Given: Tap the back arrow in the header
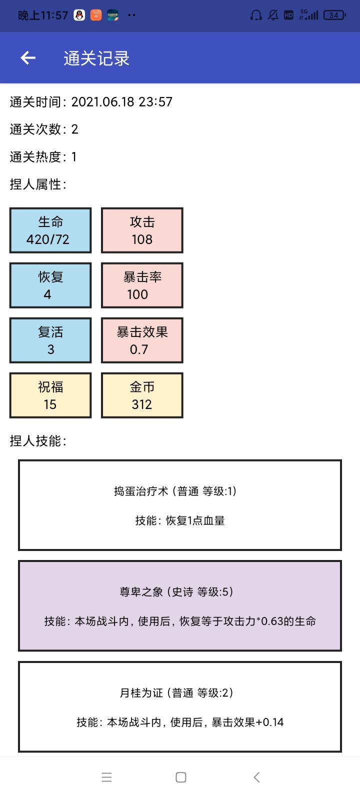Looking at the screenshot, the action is [x=28, y=58].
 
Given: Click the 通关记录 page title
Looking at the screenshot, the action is [x=96, y=58].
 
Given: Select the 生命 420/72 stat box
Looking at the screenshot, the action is [x=50, y=230].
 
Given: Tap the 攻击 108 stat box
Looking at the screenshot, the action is [x=142, y=230].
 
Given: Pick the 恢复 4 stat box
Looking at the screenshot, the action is [x=50, y=285].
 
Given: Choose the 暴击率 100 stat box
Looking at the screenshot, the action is [x=142, y=285].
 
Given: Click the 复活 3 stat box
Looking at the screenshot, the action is [x=50, y=340].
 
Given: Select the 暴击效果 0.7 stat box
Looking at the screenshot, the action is [x=142, y=340].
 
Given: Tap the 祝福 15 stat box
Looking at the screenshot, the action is [x=50, y=395].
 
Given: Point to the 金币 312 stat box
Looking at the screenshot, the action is [x=142, y=395].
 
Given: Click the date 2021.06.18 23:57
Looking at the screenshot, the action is [x=122, y=102].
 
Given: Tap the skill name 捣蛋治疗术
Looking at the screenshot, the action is [x=141, y=491].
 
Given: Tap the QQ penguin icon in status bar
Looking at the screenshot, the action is [x=79, y=15].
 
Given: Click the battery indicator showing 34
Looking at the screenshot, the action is [x=334, y=15].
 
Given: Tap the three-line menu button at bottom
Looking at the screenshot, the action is [x=107, y=777].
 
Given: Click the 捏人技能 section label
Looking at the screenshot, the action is [x=38, y=441].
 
